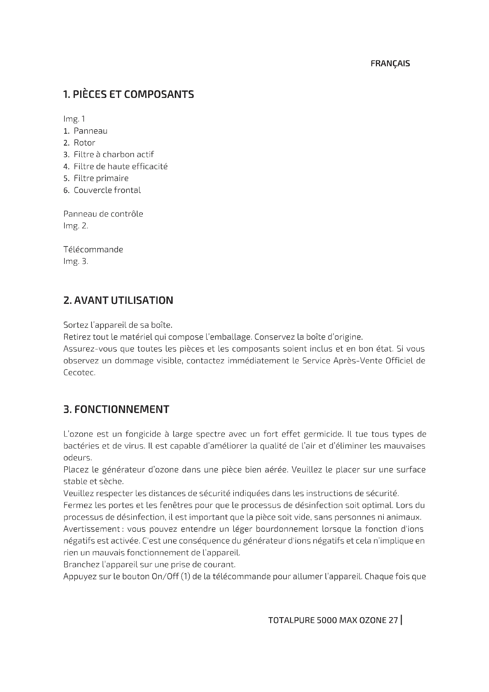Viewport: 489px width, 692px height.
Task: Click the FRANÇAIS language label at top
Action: tap(390, 64)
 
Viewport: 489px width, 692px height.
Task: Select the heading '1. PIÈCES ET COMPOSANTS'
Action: tap(129, 95)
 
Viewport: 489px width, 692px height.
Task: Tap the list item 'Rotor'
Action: tap(84, 143)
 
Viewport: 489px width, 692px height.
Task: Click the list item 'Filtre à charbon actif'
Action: tap(114, 154)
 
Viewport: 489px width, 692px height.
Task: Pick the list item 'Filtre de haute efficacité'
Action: tap(120, 166)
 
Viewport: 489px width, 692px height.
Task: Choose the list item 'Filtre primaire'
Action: tap(101, 178)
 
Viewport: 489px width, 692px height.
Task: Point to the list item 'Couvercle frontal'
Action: tap(107, 190)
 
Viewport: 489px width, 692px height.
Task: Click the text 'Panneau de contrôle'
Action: tap(103, 214)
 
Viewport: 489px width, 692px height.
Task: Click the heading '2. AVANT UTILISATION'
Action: tap(118, 301)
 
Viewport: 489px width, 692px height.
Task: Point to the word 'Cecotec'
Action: tap(79, 372)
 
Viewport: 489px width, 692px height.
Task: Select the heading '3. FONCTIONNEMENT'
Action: tap(116, 409)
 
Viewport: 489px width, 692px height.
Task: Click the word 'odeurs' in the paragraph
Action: tap(77, 457)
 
